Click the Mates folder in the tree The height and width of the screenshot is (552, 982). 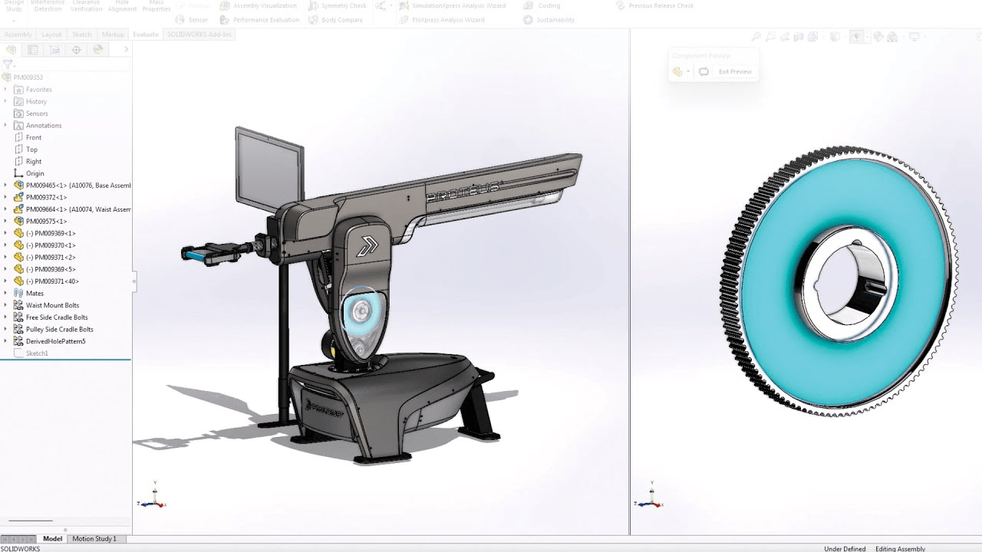coord(35,293)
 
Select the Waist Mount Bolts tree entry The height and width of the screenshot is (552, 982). coord(52,305)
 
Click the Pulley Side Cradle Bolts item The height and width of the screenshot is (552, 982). coord(59,329)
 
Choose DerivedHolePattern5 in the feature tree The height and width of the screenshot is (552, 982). coord(55,341)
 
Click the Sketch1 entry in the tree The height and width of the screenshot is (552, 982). coord(37,353)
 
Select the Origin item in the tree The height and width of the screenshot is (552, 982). coord(35,173)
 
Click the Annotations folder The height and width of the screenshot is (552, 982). coord(43,125)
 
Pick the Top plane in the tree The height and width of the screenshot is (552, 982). coord(31,149)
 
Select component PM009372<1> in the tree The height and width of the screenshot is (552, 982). coord(46,197)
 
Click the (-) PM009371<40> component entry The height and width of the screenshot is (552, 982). coord(52,281)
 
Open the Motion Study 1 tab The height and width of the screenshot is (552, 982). coord(94,539)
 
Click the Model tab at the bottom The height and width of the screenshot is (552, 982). coord(52,539)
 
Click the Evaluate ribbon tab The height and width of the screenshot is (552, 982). coord(146,34)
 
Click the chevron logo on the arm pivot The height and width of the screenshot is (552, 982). coord(368,245)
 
